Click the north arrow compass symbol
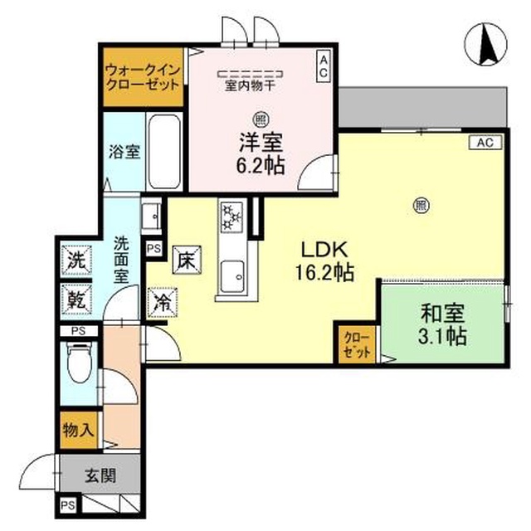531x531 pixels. pos(486,44)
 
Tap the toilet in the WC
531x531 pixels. pos(80,363)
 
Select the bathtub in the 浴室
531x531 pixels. pos(164,151)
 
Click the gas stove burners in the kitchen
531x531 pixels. pos(232,217)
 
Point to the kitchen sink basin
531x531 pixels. pos(232,276)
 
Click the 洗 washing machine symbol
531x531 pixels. pos(76,260)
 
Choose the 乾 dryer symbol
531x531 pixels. pos(76,299)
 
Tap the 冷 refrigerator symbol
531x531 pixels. pos(163,303)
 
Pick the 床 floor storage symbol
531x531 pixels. pos(187,260)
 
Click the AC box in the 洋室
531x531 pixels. pos(324,66)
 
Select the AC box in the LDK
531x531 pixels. pos(485,143)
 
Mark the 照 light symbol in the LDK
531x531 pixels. pos(421,206)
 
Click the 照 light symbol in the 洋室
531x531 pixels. pos(261,119)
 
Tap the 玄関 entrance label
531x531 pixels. pos(100,475)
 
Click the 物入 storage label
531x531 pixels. pos(78,430)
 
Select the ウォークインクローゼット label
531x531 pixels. pos(143,77)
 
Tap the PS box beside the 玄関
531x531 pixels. pos(68,505)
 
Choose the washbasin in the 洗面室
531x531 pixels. pos(151,216)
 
